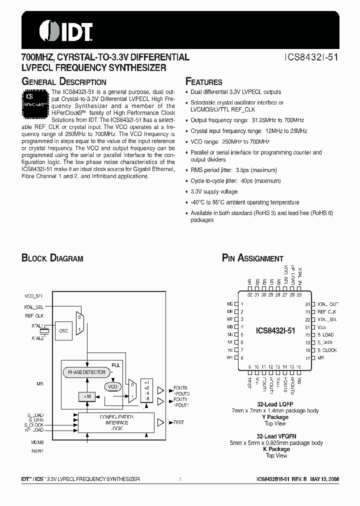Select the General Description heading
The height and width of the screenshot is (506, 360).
[63, 82]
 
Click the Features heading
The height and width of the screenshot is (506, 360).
[203, 82]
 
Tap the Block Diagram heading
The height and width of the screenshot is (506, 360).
[52, 258]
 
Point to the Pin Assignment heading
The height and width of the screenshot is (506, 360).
[252, 258]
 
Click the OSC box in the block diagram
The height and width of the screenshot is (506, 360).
[64, 330]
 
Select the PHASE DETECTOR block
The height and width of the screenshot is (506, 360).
[87, 372]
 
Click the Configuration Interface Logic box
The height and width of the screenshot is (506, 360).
[116, 422]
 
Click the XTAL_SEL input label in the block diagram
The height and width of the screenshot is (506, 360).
[33, 307]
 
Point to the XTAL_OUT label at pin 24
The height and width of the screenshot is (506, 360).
[327, 304]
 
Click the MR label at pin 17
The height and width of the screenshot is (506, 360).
[320, 358]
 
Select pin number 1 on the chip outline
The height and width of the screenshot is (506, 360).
[242, 304]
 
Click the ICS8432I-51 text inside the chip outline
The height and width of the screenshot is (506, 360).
[275, 331]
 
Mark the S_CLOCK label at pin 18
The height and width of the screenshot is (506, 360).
[327, 350]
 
